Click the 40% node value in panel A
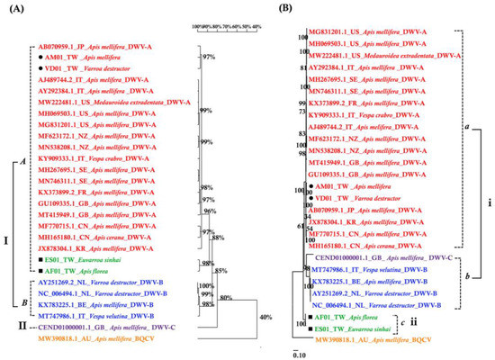point(265,317)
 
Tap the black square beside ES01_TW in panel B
point(307,329)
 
